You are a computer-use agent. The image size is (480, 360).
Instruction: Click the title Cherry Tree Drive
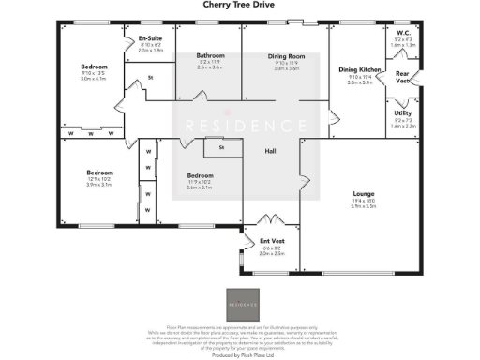[x=238, y=5]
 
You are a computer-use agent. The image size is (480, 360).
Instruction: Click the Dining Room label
[x=286, y=55]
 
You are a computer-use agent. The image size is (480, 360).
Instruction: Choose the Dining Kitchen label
[x=359, y=70]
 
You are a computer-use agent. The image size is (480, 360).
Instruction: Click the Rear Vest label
[x=402, y=77]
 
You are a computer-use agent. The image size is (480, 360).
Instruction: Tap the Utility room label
[x=402, y=112]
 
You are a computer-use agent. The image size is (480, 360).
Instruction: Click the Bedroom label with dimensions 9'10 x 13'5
[x=94, y=67]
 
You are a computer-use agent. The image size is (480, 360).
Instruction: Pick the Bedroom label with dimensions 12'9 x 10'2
[x=99, y=172]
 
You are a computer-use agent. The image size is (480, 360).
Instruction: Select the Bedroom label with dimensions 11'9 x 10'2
[x=201, y=176]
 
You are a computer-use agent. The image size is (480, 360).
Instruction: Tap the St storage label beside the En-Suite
[x=151, y=77]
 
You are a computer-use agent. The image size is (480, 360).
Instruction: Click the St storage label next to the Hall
[x=221, y=147]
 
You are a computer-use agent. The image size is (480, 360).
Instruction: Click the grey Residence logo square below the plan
[x=239, y=303]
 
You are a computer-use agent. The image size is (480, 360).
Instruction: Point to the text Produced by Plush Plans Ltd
[x=239, y=356]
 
